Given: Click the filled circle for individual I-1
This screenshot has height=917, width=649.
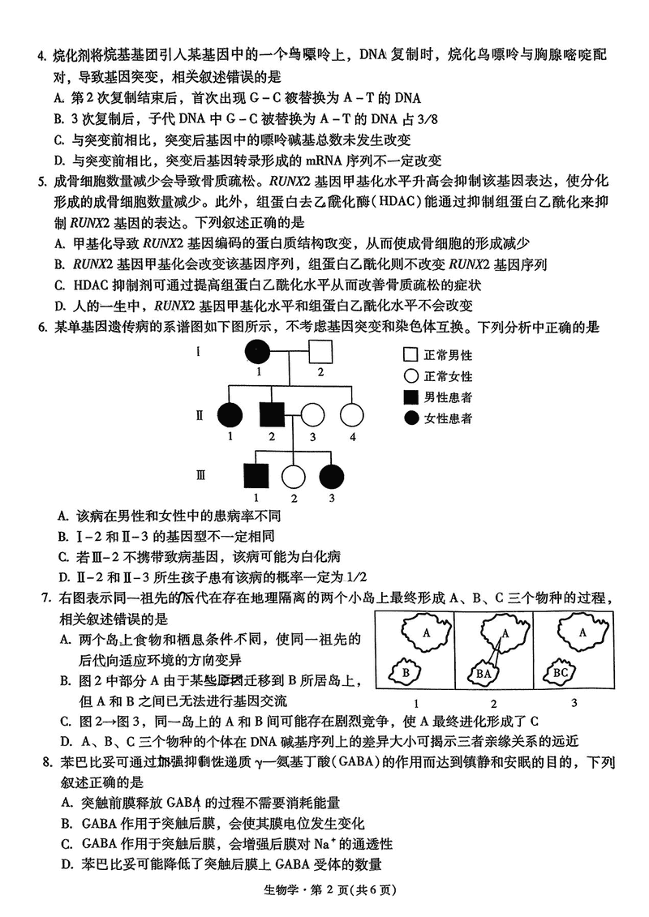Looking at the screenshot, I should (258, 352).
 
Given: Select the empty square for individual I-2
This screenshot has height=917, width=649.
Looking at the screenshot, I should (320, 352).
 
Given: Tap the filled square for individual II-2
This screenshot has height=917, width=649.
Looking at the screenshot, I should (270, 414).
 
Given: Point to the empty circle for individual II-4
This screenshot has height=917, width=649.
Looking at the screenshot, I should (352, 414).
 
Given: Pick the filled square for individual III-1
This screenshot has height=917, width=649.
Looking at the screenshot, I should (257, 477).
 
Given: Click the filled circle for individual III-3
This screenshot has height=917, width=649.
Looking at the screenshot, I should (331, 477).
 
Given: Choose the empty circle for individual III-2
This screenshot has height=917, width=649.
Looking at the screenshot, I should (293, 477).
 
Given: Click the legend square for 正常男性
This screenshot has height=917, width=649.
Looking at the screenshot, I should (410, 355).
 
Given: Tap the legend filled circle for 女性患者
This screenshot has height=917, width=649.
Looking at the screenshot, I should (410, 418).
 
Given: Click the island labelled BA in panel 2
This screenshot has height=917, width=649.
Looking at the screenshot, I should (485, 671).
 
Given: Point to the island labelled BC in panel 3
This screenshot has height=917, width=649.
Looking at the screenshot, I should (561, 671).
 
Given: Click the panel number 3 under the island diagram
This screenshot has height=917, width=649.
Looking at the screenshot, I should (574, 702).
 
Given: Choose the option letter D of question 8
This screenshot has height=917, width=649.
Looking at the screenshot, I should (66, 864).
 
